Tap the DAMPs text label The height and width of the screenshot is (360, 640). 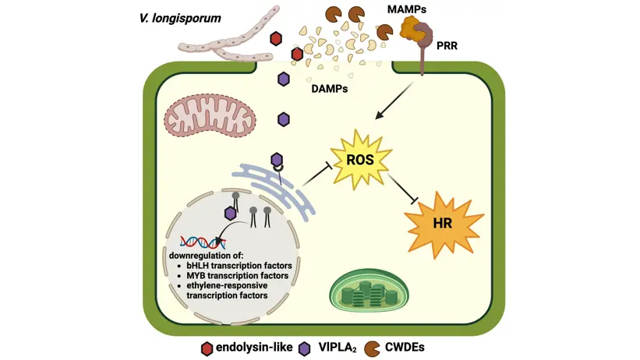pos(329,88)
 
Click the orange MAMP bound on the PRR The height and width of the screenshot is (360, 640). pos(411,30)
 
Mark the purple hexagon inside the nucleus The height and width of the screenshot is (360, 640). pos(231,212)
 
